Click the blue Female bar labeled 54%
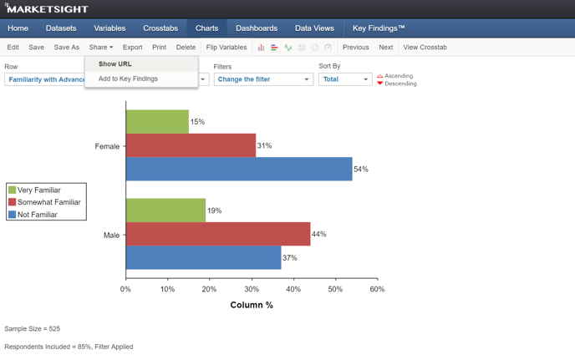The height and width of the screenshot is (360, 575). click(x=238, y=169)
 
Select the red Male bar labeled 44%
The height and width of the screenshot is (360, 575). click(x=217, y=234)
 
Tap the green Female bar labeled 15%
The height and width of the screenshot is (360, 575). click(x=157, y=122)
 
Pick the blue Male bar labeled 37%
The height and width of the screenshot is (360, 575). click(x=203, y=258)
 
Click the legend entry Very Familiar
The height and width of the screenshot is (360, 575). click(x=38, y=190)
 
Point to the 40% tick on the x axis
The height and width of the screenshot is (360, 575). click(x=293, y=289)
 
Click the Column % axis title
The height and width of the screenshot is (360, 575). click(x=252, y=305)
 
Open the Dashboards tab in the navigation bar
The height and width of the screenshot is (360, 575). click(x=257, y=28)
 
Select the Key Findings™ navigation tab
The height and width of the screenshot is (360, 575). click(x=379, y=28)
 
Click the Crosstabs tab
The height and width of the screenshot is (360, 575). click(x=160, y=28)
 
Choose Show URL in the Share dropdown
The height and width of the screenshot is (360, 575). click(x=115, y=63)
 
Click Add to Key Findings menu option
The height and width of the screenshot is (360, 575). click(x=128, y=79)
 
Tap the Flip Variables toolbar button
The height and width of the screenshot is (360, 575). click(x=226, y=48)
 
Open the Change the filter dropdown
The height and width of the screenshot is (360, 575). click(x=262, y=79)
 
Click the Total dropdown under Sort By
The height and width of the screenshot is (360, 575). click(x=344, y=79)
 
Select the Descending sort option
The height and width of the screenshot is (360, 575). click(x=400, y=84)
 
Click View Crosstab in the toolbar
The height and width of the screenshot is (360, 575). click(x=425, y=48)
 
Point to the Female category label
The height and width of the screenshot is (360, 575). click(x=107, y=146)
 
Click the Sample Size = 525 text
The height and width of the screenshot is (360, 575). click(x=33, y=329)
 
